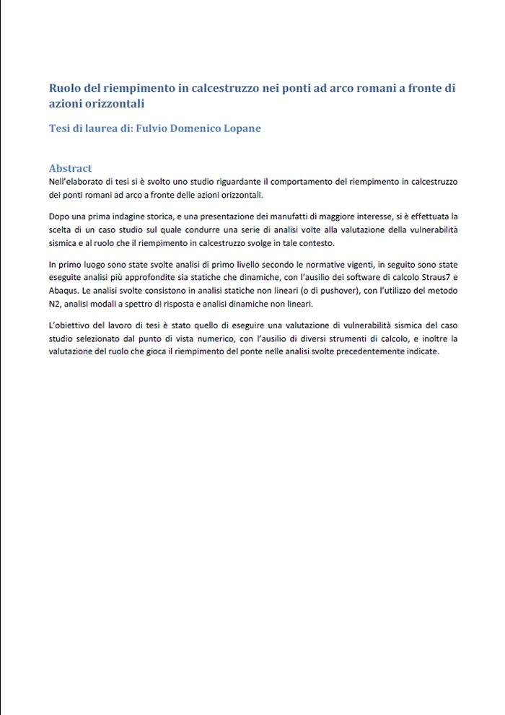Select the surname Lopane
pyautogui.click(x=241, y=128)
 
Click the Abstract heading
pyautogui.click(x=70, y=168)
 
